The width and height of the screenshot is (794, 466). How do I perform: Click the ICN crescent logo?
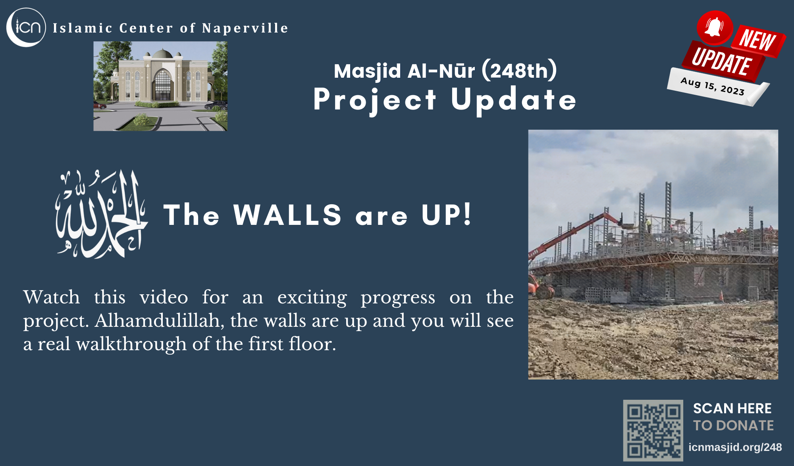click(x=26, y=27)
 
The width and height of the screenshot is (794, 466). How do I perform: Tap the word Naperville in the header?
click(x=245, y=29)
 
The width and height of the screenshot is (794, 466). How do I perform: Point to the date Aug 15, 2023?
click(x=713, y=86)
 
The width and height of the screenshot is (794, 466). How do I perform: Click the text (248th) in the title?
click(x=519, y=71)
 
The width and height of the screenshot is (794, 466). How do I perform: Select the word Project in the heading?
click(x=375, y=101)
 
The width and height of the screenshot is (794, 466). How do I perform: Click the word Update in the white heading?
click(x=514, y=101)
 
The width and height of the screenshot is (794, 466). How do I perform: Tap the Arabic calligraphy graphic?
click(x=101, y=214)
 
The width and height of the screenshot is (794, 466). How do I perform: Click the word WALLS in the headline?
click(x=287, y=215)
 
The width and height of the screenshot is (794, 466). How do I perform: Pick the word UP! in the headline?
click(x=447, y=215)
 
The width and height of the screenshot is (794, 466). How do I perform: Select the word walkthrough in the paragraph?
click(x=131, y=344)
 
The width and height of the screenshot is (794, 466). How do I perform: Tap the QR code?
click(x=653, y=430)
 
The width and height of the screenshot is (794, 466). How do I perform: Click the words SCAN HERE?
click(x=732, y=408)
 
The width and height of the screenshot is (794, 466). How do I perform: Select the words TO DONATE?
click(x=734, y=426)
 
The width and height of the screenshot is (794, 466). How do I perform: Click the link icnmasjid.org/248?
click(x=735, y=447)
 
